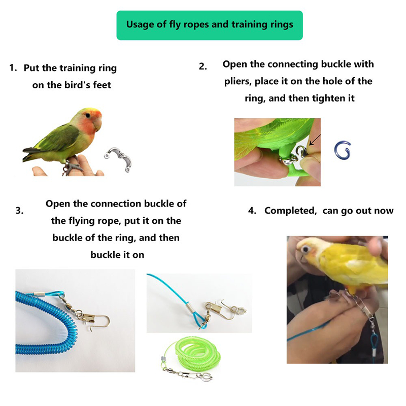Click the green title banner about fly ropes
[x=210, y=25]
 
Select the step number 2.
[x=202, y=66]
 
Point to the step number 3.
[x=19, y=211]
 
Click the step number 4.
[x=252, y=211]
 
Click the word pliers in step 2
[x=238, y=82]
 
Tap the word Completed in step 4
[x=290, y=211]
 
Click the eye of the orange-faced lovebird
[x=88, y=115]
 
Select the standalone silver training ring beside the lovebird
[x=118, y=159]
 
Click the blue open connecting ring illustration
[x=342, y=150]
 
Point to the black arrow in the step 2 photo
[x=315, y=140]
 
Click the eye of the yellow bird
[x=306, y=249]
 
